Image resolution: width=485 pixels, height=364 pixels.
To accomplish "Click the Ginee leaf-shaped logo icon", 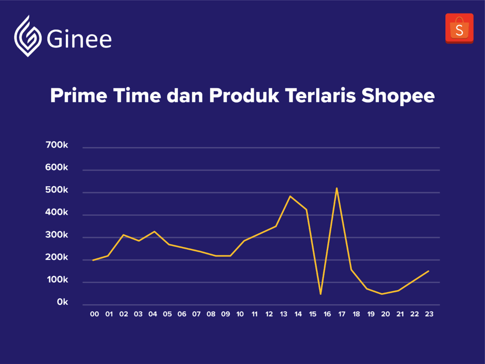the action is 28,36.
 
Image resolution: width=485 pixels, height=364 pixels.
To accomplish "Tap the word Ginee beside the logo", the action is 79,39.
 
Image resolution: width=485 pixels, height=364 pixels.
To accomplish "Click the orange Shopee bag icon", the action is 459,28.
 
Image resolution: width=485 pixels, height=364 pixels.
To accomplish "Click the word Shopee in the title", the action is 398,96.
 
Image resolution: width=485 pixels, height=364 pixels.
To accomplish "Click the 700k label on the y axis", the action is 57,145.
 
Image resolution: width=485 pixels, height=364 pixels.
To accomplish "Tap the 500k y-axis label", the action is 57,190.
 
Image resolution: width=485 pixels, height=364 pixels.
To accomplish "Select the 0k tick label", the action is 63,302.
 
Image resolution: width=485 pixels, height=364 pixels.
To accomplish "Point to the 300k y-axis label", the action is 57,235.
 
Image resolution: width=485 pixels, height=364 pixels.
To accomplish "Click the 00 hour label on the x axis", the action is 94,314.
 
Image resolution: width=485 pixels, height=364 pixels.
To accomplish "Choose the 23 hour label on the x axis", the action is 429,314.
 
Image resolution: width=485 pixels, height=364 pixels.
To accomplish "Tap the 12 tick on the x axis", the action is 269,314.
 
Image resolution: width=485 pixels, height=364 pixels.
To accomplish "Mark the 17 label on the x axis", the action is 342,314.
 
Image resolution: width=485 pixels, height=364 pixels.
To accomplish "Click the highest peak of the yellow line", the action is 337,188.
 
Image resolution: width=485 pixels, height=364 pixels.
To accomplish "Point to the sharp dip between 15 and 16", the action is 321,294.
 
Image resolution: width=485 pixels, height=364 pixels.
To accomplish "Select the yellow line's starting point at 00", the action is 93,260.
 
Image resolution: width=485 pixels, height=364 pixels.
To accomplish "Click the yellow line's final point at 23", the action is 428,271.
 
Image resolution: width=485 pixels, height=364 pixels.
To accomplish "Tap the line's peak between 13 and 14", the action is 290,196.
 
